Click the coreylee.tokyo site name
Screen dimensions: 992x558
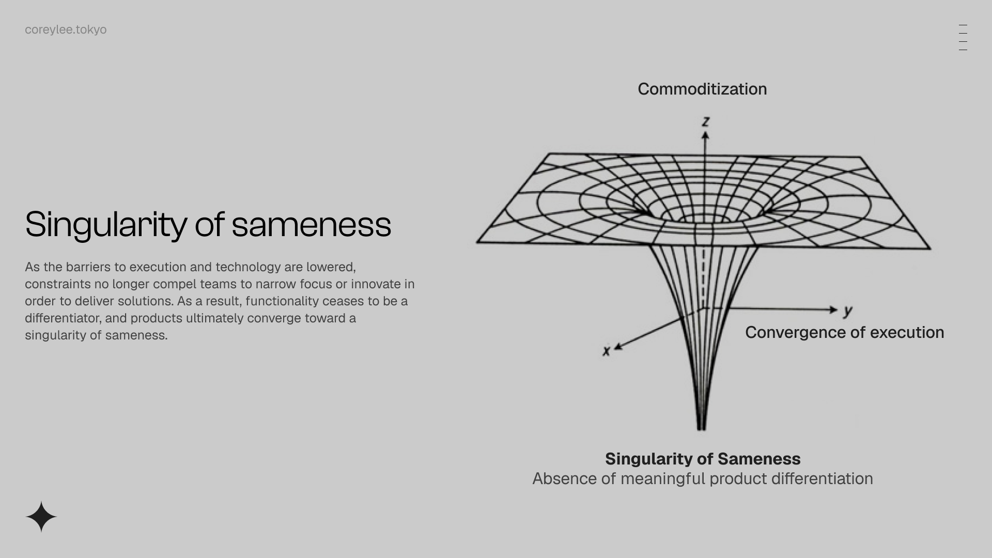click(66, 30)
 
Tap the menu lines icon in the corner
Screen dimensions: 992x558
click(963, 37)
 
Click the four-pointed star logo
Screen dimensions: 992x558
click(41, 517)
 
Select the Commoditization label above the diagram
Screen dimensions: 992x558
click(702, 89)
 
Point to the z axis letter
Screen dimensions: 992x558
click(706, 122)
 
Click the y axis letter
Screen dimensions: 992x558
click(848, 311)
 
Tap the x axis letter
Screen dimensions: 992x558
click(607, 351)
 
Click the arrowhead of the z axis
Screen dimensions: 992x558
click(705, 135)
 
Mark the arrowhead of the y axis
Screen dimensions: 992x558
click(833, 309)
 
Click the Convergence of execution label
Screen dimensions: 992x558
click(844, 332)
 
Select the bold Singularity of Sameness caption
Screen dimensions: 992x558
click(703, 459)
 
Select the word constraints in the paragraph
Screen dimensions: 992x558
click(58, 284)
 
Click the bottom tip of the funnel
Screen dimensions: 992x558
click(701, 429)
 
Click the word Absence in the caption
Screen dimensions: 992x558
click(564, 478)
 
